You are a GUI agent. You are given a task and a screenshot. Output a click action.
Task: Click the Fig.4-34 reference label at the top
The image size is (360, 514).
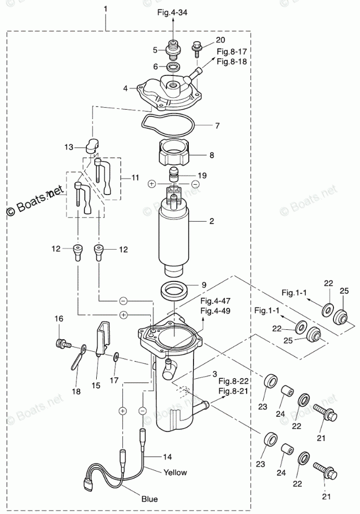[x=173, y=13]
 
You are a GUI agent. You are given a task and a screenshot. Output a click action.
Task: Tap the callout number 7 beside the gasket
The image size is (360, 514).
[x=217, y=125]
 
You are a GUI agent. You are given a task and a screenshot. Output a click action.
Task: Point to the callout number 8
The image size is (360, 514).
[x=212, y=155]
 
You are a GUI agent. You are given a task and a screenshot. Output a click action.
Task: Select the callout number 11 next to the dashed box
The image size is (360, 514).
[x=135, y=178]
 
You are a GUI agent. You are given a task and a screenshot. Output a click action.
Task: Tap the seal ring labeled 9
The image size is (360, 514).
[x=174, y=291]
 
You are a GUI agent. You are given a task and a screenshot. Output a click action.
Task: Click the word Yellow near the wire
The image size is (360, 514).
[x=175, y=472]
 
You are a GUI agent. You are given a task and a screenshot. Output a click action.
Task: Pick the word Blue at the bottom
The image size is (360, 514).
[x=149, y=499]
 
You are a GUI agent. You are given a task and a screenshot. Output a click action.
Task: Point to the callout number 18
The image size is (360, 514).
[x=76, y=391]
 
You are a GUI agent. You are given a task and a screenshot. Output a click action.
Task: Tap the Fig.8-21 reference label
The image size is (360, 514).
[x=234, y=391]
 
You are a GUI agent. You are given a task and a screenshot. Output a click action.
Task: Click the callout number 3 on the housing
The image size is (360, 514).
[x=214, y=374]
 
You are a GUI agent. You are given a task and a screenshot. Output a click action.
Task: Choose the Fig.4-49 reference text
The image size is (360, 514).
[x=215, y=311]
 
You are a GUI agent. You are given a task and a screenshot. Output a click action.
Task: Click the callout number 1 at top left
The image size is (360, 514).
[x=105, y=9]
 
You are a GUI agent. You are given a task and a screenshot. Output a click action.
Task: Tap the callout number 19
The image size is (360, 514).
[x=202, y=175]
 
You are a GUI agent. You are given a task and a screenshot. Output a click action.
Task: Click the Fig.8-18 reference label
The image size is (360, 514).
[x=232, y=61]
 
